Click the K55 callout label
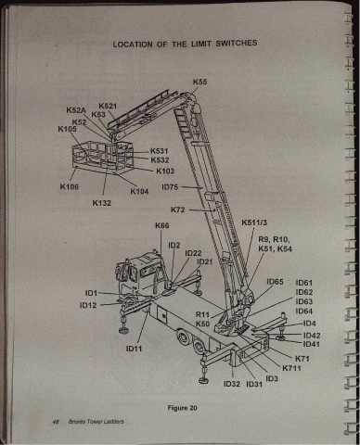(199, 82)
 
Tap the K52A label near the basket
(76, 110)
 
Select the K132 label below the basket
(101, 203)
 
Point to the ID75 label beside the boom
(170, 187)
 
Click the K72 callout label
(178, 210)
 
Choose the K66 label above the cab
(162, 225)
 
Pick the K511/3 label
(254, 222)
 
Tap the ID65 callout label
(275, 282)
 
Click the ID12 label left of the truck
(88, 305)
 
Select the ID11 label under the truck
(134, 349)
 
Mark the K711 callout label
(291, 368)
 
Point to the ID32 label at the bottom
(232, 384)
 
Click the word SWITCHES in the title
(237, 43)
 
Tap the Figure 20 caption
(182, 408)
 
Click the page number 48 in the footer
(56, 422)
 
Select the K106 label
(70, 186)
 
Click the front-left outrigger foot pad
(125, 330)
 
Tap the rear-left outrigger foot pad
(203, 380)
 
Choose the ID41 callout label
(312, 344)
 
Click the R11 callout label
(202, 314)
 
